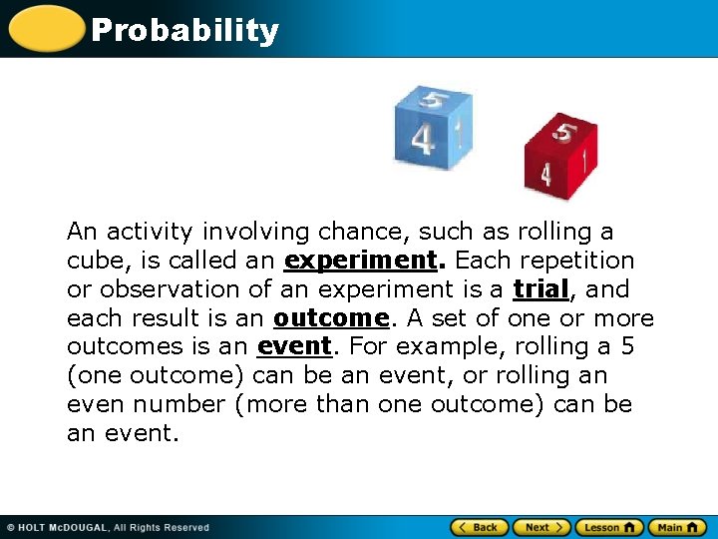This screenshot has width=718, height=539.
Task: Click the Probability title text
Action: [184, 31]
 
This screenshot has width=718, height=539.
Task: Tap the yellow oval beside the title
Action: [46, 28]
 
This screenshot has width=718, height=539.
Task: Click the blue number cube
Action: [431, 127]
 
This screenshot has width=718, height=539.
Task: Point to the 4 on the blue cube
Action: [423, 139]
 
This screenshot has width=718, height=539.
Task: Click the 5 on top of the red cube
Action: [564, 132]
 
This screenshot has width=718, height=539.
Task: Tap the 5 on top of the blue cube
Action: [433, 100]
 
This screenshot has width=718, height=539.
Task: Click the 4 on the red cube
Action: [545, 174]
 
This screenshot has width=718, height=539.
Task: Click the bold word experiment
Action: [361, 261]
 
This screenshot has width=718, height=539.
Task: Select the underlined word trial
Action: [540, 289]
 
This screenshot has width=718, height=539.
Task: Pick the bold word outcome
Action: [331, 318]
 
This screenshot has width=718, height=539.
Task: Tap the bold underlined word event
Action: [293, 347]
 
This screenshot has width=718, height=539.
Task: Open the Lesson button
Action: [608, 527]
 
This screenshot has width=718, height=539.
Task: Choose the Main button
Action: [677, 527]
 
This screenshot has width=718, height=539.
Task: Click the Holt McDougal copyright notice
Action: [108, 527]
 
